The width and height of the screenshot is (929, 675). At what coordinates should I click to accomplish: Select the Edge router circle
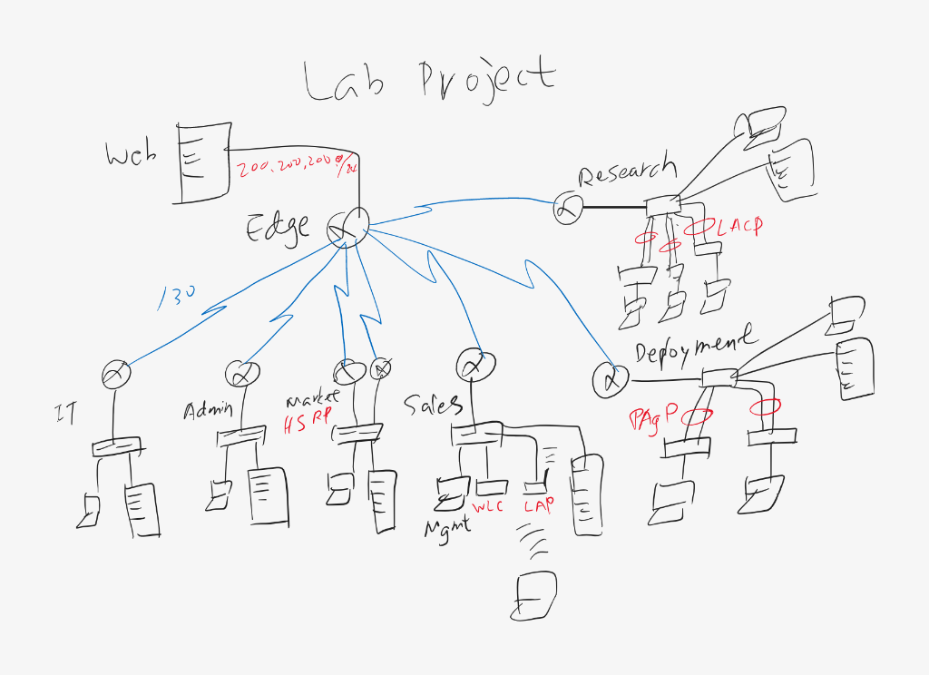(348, 227)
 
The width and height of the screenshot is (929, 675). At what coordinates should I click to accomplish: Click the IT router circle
(116, 372)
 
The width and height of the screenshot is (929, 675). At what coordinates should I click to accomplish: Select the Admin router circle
(242, 372)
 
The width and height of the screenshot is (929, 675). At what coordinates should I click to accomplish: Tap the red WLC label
(488, 505)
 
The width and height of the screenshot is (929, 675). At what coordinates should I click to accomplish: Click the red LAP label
(539, 504)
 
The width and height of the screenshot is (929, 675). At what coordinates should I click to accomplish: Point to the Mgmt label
(448, 528)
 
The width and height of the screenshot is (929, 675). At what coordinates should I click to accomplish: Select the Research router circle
(569, 209)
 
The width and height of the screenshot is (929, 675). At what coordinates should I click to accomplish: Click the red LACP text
(739, 227)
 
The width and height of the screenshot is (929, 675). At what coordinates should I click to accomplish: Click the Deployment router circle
(611, 379)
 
